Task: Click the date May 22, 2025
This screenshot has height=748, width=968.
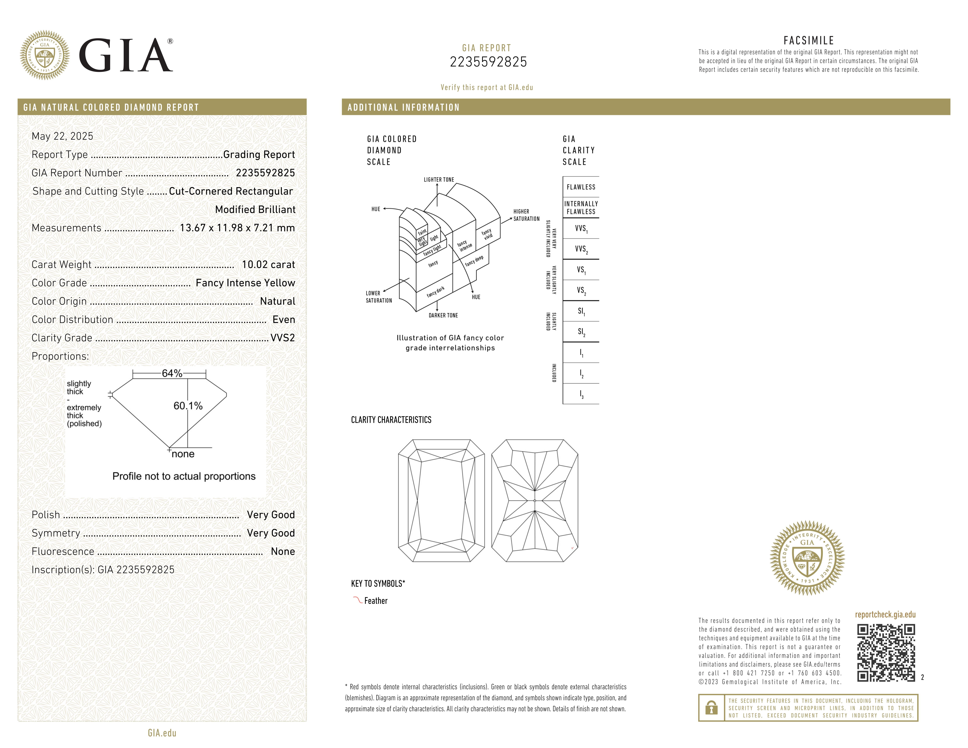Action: coord(62,136)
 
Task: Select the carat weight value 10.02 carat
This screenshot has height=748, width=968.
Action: coord(268,265)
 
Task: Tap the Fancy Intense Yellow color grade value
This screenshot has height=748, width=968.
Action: coord(245,283)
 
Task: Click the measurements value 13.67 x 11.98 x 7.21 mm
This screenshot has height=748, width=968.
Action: coord(237,228)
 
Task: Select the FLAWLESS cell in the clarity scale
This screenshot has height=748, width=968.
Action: coord(581,187)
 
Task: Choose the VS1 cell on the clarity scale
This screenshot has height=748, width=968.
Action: coord(581,269)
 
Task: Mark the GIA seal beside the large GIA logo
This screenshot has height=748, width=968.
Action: coord(45,55)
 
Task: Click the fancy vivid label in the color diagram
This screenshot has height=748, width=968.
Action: coord(487,234)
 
